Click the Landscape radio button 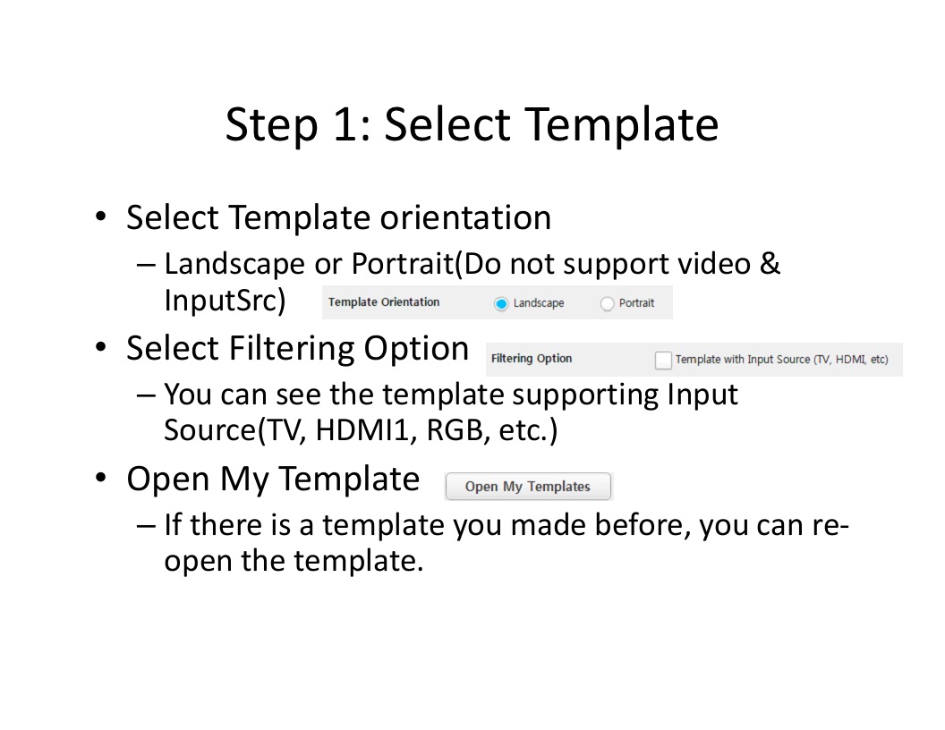point(501,303)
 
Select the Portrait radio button point(607,303)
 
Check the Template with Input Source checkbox point(663,360)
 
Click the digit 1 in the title point(345,124)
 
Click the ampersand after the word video point(770,264)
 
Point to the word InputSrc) point(225,300)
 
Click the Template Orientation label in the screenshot point(384,301)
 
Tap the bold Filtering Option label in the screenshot point(532,359)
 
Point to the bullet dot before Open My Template point(100,478)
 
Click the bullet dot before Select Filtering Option point(100,347)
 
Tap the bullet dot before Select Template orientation point(100,216)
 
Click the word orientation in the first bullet point(465,217)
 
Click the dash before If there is point(146,526)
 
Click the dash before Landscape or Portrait point(146,265)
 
